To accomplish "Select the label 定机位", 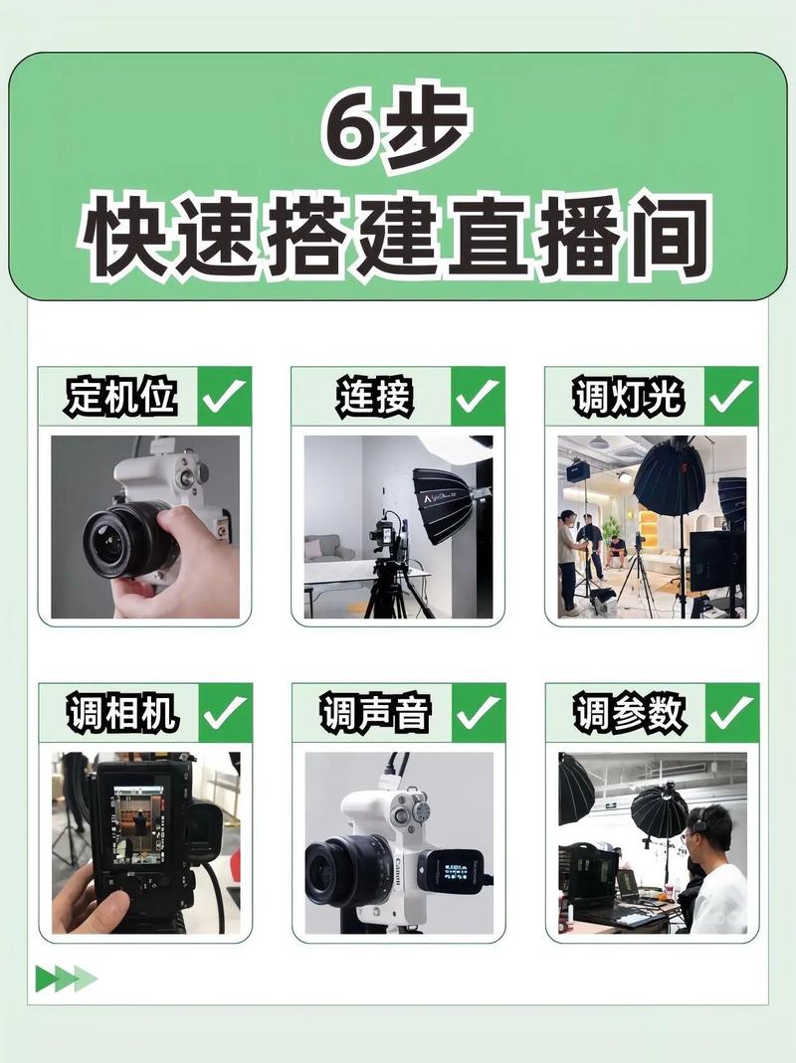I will point(120,397).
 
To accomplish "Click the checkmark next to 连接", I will point(479,397).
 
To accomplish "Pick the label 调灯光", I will point(628,397).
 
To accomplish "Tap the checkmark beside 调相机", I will point(225,713).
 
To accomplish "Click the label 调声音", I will point(374,713).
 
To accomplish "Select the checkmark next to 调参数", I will point(732,713).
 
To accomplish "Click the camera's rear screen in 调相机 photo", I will point(139,821).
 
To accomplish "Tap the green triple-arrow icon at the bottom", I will point(66,978).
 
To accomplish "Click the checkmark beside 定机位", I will point(225,397).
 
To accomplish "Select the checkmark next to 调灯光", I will point(732,397).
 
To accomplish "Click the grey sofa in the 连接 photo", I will point(328,549).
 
